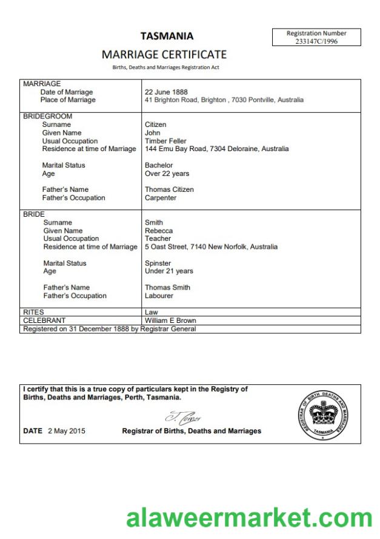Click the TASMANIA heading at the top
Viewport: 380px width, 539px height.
[x=167, y=36]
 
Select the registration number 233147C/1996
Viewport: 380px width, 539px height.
[x=316, y=41]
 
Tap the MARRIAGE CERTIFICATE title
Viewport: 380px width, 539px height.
[x=164, y=55]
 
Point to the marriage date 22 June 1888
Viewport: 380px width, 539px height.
[x=165, y=92]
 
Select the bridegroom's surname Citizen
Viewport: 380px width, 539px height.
[x=155, y=124]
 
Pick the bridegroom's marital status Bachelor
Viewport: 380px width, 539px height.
[x=159, y=165]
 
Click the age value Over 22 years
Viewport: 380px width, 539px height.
[x=167, y=174]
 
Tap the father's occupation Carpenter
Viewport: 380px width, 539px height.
[x=161, y=198]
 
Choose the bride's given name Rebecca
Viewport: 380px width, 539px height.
[x=159, y=231]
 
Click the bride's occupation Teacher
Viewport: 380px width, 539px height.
[x=158, y=239]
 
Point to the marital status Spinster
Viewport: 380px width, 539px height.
[x=158, y=263]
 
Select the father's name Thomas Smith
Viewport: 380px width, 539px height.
[x=167, y=288]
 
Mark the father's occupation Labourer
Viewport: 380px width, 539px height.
[x=159, y=296]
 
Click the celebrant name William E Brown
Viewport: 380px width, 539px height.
[x=170, y=320]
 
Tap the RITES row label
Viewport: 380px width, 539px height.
[x=33, y=312]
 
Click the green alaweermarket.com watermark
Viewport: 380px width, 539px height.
[x=249, y=518]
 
